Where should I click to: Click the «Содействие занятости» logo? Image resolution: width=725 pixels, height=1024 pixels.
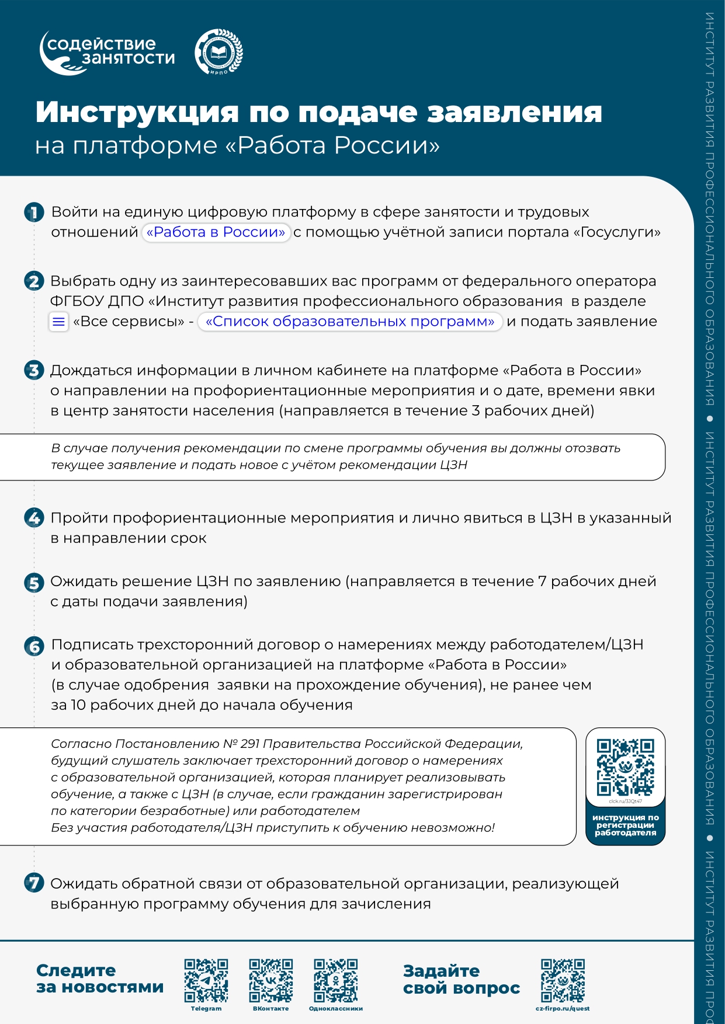(107, 52)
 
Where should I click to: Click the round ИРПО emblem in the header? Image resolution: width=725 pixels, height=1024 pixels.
(218, 53)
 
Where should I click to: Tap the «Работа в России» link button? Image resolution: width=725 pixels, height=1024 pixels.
(216, 232)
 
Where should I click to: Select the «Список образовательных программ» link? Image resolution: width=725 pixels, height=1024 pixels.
(350, 322)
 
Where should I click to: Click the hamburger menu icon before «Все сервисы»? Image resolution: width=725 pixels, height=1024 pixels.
(58, 322)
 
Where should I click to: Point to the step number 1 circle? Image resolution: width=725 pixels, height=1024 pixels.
(34, 213)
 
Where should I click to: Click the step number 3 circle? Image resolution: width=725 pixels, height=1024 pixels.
(34, 371)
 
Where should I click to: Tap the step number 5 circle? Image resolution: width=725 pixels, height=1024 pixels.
(34, 583)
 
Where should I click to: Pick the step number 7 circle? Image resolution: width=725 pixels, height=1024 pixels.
(34, 883)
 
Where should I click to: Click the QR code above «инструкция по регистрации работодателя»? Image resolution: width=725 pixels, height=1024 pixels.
(625, 767)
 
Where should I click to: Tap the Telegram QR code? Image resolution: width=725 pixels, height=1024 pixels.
(206, 981)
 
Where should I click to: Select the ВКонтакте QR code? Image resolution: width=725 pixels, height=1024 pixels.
(270, 981)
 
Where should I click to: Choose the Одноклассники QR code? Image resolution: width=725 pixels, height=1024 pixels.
(335, 981)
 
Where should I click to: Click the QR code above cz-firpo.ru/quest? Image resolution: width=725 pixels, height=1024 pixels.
(563, 981)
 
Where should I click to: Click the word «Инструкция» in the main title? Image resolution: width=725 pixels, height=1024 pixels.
(137, 112)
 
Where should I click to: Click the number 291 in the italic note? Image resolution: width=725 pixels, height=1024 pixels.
(249, 744)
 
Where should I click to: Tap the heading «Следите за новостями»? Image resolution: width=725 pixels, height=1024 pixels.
(99, 978)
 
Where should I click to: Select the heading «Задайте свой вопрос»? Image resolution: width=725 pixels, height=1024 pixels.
(461, 979)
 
